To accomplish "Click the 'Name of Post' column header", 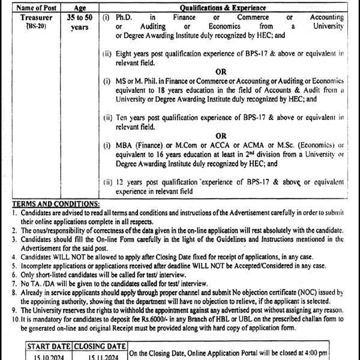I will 37,8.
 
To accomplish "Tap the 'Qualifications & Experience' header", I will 221,8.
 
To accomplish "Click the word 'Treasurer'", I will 37,19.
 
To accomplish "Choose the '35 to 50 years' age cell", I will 79,23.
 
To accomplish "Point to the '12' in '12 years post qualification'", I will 121,182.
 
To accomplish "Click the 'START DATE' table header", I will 49,346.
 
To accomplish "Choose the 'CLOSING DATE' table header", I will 99,346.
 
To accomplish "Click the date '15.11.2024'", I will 99,355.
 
